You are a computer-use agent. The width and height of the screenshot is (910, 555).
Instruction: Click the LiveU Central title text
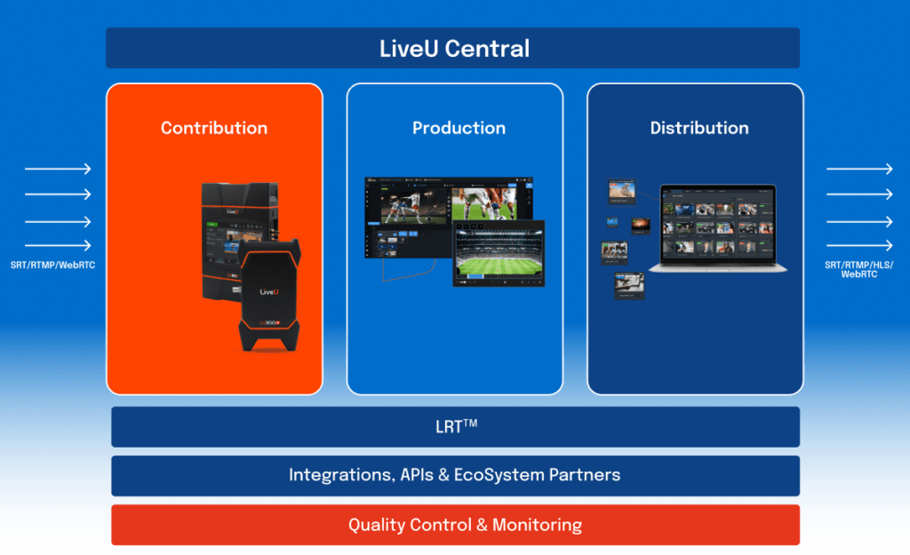click(454, 48)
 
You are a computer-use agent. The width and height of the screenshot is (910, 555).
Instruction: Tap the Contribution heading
click(214, 128)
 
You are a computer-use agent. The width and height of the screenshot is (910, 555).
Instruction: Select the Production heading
click(459, 128)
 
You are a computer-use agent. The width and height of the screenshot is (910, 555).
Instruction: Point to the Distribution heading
click(699, 128)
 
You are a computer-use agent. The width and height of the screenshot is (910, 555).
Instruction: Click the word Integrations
click(338, 475)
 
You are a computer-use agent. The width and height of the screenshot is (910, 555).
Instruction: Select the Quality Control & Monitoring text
click(465, 525)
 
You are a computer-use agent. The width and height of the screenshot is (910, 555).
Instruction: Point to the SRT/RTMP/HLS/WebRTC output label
click(858, 270)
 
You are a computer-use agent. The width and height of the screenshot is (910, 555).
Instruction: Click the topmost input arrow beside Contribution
click(58, 169)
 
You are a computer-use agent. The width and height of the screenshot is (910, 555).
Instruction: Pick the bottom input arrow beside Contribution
click(58, 246)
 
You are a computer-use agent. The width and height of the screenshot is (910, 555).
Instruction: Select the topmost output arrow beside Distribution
click(859, 169)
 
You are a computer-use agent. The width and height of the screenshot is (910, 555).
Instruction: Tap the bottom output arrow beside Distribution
click(859, 246)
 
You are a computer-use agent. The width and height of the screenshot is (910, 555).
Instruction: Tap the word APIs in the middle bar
click(423, 475)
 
